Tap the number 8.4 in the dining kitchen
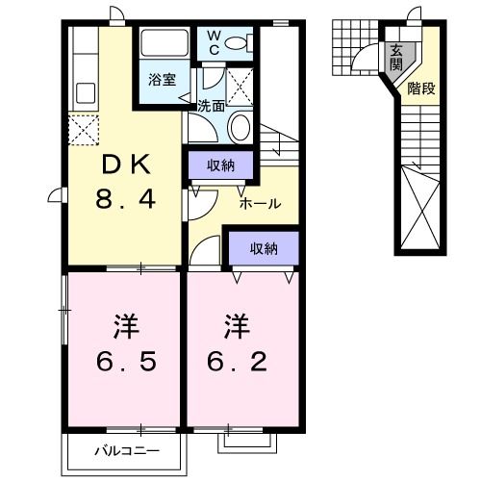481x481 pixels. pyautogui.click(x=124, y=201)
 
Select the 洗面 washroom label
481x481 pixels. pyautogui.click(x=211, y=106)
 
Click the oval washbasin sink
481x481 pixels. pyautogui.click(x=240, y=128)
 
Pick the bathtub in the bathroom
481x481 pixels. pyautogui.click(x=166, y=43)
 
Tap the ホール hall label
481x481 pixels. pyautogui.click(x=260, y=204)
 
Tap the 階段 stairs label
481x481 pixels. pyautogui.click(x=420, y=89)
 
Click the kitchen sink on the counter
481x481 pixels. pyautogui.click(x=83, y=94)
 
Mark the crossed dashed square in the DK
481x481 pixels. pyautogui.click(x=83, y=128)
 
